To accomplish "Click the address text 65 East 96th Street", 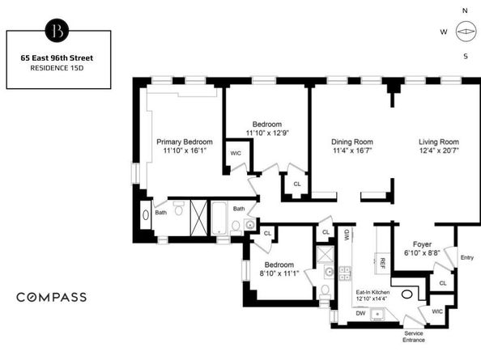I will point(58,57).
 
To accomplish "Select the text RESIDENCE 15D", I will point(58,70).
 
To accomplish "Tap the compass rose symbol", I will point(464,33).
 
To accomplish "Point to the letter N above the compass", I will point(465,11).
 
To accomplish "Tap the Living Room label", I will point(439,141).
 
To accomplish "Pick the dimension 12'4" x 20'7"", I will point(439,150).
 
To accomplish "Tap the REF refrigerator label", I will point(382,263).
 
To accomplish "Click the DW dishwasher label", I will point(360,313).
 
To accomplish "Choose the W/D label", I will point(347,235).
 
